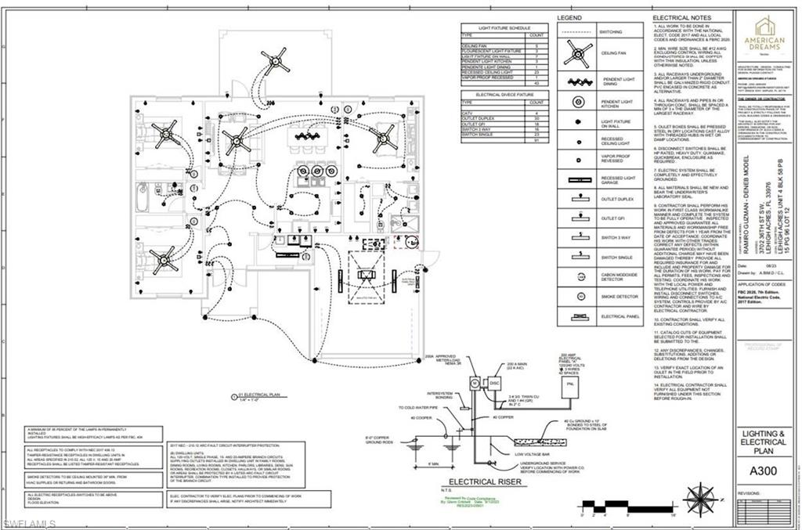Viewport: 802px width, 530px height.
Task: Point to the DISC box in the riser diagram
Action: point(493,383)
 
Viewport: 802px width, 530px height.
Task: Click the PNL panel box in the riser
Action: point(570,385)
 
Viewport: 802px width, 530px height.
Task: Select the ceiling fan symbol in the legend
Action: point(578,53)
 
